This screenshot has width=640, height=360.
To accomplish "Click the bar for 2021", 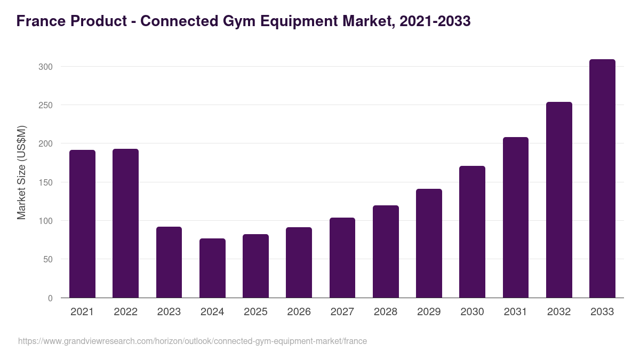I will (x=82, y=224).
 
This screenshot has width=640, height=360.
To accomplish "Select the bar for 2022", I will (x=125, y=223).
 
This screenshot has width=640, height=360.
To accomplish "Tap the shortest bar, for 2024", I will (x=212, y=268).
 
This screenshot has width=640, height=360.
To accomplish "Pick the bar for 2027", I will (x=342, y=258).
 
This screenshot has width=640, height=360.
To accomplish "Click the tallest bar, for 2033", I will (x=602, y=179).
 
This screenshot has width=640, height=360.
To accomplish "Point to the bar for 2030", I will (x=472, y=232).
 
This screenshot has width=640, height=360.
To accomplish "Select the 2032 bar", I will (x=559, y=200).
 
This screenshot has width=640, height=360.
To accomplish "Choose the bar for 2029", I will (x=429, y=243).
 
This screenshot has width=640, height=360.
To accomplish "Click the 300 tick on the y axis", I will (x=45, y=67).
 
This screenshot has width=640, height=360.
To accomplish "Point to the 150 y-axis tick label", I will (x=45, y=182).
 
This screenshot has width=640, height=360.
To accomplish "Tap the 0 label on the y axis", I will (x=50, y=298).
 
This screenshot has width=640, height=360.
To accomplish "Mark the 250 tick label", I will (x=45, y=105).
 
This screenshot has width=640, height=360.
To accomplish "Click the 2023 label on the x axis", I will (x=169, y=312).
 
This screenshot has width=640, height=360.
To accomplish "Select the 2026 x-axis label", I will (x=299, y=312).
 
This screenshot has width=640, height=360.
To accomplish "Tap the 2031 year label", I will (x=516, y=312).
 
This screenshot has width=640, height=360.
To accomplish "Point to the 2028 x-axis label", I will (x=386, y=312).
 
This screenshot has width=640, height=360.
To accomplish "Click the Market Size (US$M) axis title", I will (x=21, y=173).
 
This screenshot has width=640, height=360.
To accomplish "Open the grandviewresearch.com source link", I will (x=193, y=341).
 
